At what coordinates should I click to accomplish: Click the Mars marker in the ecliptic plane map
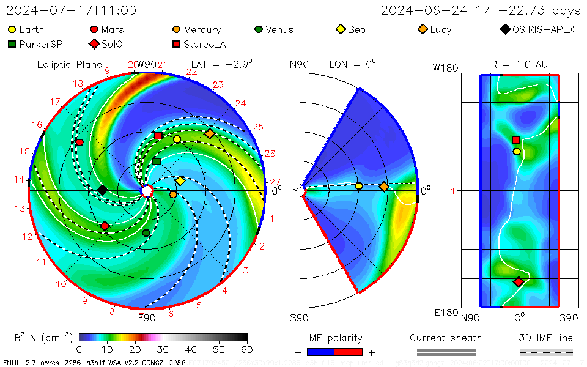point(79,143)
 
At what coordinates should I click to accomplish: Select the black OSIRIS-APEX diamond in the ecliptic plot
point(102,190)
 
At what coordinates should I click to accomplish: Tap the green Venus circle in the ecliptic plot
point(146,233)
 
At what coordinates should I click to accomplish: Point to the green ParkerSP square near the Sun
point(157,161)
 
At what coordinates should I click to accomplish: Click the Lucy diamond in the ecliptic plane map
point(210,134)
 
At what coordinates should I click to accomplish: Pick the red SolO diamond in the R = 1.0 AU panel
point(519,282)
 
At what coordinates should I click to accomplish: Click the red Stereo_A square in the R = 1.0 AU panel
point(516,139)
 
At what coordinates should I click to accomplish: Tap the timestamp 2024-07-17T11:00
point(72,10)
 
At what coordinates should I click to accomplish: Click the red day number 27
point(275,182)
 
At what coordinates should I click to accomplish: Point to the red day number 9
point(84,300)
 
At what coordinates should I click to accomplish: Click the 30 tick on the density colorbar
point(163,349)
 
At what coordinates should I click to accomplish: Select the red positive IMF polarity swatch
point(349,352)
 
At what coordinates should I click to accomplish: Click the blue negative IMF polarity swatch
point(321,352)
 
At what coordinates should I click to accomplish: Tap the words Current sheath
point(446,338)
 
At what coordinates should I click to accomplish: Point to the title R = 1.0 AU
point(519,64)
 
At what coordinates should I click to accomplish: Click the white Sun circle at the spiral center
point(147,191)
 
